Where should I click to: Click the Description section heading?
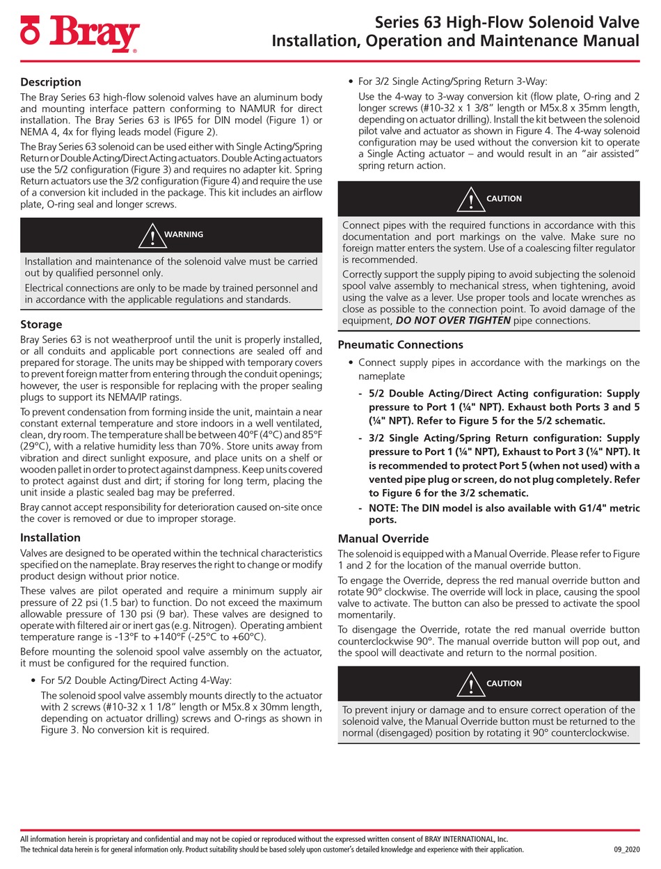pos(51,82)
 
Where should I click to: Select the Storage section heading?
pos(41,324)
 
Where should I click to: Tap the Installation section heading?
pos(50,537)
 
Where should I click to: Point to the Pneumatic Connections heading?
pos(400,344)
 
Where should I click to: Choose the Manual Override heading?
pos(383,539)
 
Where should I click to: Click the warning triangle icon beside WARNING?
pos(152,237)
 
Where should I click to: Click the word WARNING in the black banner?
pos(184,234)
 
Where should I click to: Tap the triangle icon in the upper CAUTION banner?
pos(471,200)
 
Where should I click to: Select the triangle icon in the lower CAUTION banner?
pos(471,685)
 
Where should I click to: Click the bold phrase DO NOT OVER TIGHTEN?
pos(454,321)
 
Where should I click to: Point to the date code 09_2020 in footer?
pos(626,850)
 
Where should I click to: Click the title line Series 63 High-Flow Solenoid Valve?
pos(507,22)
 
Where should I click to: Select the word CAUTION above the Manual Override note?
pos(504,683)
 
